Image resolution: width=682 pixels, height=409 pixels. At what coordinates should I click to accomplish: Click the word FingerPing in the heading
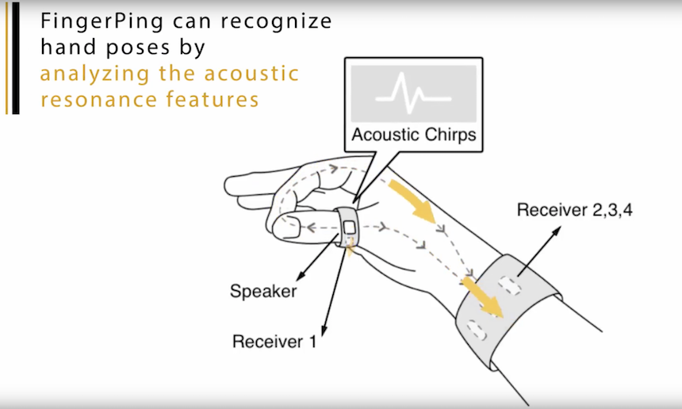pyautogui.click(x=102, y=21)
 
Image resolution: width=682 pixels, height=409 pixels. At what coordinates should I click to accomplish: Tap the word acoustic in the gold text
pyautogui.click(x=251, y=73)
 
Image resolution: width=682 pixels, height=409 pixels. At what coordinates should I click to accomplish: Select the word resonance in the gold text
pyautogui.click(x=99, y=99)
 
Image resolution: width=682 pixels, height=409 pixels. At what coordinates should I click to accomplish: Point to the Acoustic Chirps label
pyautogui.click(x=414, y=134)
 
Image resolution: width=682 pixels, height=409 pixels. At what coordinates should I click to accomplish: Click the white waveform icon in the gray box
pyautogui.click(x=413, y=93)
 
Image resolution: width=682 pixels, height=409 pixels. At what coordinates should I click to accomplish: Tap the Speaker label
pyautogui.click(x=263, y=291)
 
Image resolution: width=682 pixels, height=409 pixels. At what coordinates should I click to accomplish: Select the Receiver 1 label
pyautogui.click(x=274, y=341)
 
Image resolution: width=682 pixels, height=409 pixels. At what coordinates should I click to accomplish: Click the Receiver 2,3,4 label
pyautogui.click(x=575, y=210)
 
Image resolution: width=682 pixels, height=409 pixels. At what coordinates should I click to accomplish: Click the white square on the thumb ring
pyautogui.click(x=349, y=227)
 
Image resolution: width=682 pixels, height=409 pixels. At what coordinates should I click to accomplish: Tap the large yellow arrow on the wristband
pyautogui.click(x=483, y=297)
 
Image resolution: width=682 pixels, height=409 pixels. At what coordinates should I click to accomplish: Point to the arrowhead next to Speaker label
pyautogui.click(x=300, y=277)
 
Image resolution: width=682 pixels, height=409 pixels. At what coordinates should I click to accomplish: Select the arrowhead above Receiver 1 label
pyautogui.click(x=324, y=331)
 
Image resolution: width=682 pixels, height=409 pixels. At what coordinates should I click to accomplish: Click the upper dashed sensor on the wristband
pyautogui.click(x=509, y=285)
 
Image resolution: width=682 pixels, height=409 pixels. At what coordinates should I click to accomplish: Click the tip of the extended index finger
pyautogui.click(x=225, y=186)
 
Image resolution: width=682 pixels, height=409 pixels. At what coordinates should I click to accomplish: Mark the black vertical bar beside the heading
pyautogui.click(x=16, y=58)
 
